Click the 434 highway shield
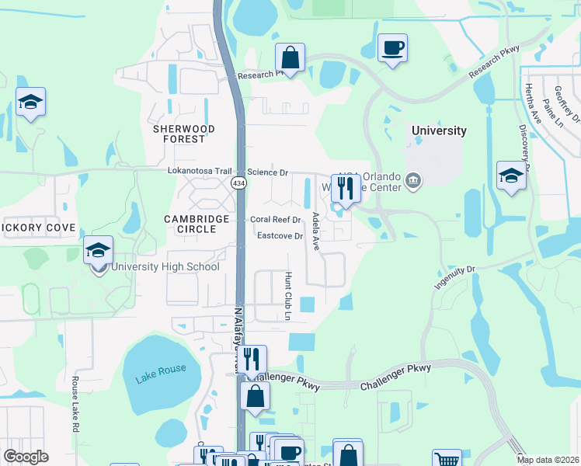click(x=238, y=182)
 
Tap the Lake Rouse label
click(x=161, y=374)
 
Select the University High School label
click(x=165, y=267)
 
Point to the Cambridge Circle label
click(x=197, y=224)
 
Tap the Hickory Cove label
click(x=38, y=228)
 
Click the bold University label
click(x=439, y=130)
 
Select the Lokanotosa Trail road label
click(x=200, y=172)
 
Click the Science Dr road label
click(x=268, y=172)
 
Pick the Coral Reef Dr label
click(x=275, y=220)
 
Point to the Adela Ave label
click(x=315, y=231)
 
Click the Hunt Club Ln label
click(x=287, y=296)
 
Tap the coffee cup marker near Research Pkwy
click(x=392, y=48)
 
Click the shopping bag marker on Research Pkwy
click(x=290, y=57)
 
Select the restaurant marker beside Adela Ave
click(x=343, y=188)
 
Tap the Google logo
click(x=26, y=457)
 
